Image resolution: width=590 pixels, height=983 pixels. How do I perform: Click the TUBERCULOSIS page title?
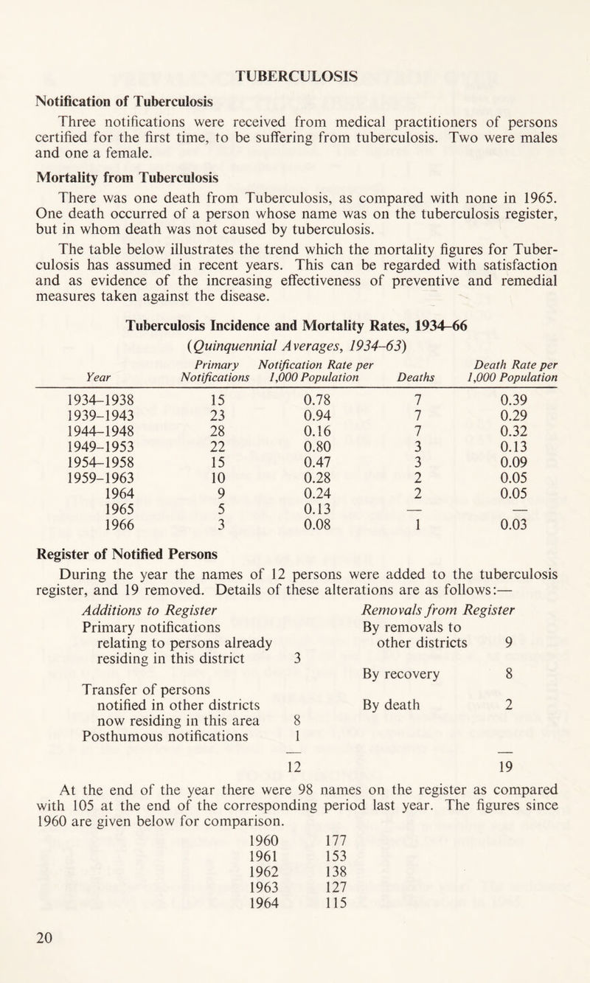pyautogui.click(x=295, y=74)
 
